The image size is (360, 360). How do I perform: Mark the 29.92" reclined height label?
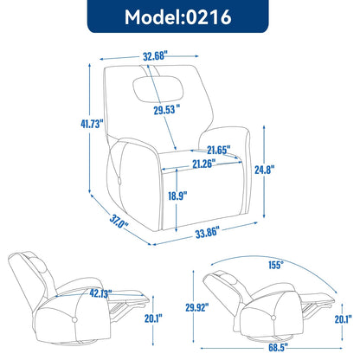point(195,306)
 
